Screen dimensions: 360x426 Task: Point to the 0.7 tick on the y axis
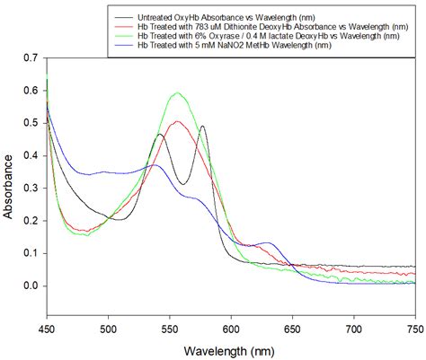33,57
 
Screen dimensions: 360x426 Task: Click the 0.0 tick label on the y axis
33,285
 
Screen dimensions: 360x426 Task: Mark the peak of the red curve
178,121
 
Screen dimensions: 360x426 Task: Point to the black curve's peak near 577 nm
203,127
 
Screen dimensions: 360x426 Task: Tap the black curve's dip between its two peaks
183,184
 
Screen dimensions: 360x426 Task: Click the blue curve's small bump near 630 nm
267,242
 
